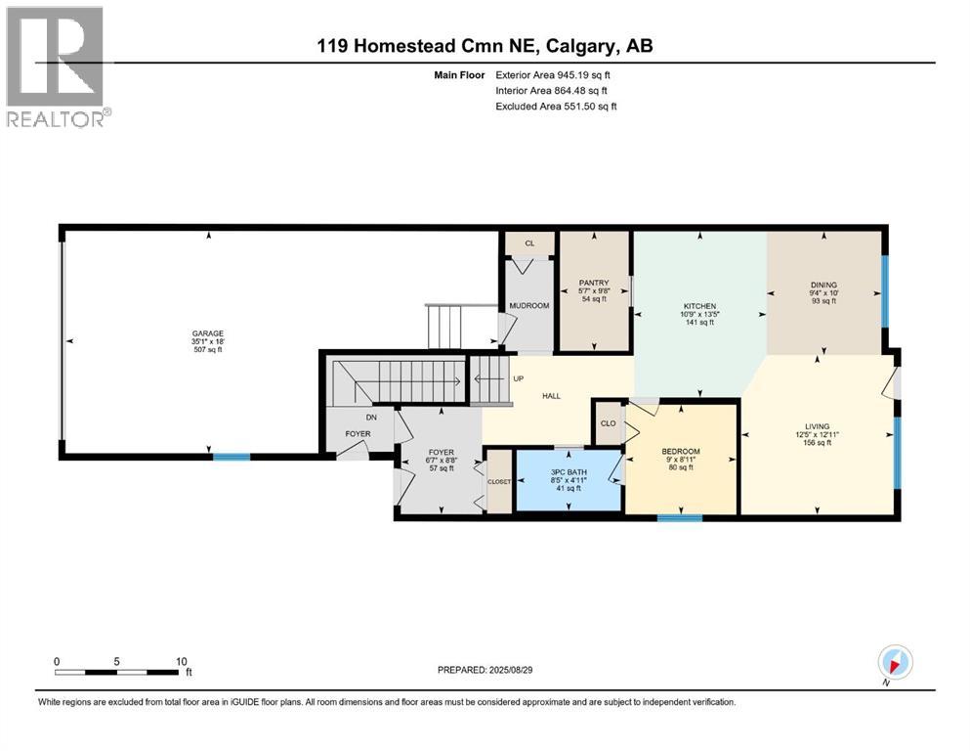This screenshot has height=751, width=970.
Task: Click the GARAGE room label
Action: coord(207,333)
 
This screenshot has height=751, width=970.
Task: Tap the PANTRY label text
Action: coord(594,283)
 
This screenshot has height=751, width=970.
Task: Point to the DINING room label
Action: coord(823,285)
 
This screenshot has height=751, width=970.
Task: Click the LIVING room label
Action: coord(817,426)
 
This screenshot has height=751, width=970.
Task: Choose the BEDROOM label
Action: coord(679,451)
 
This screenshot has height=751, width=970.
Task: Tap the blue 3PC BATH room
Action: coord(567,481)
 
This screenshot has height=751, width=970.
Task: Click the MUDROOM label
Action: coord(529,306)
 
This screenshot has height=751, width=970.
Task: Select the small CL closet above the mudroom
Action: coord(529,243)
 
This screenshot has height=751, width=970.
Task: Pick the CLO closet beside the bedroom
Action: coord(608,423)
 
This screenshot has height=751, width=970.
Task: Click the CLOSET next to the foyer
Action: coord(498,481)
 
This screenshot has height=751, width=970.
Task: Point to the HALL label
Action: coord(552,396)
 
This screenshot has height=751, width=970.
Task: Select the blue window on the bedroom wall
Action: coord(679,517)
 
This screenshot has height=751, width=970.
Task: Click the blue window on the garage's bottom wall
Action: coord(232,456)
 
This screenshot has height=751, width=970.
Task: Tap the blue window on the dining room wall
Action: coord(885,290)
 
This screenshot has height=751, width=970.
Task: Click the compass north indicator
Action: coord(895,662)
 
